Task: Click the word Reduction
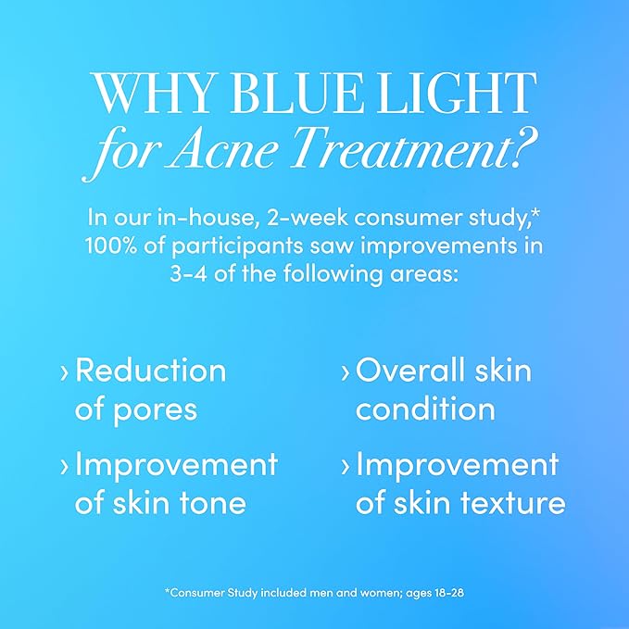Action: [150, 371]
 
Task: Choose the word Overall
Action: [403, 371]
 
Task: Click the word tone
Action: [215, 503]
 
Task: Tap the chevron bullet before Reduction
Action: [64, 372]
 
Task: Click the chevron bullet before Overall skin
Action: [346, 372]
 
